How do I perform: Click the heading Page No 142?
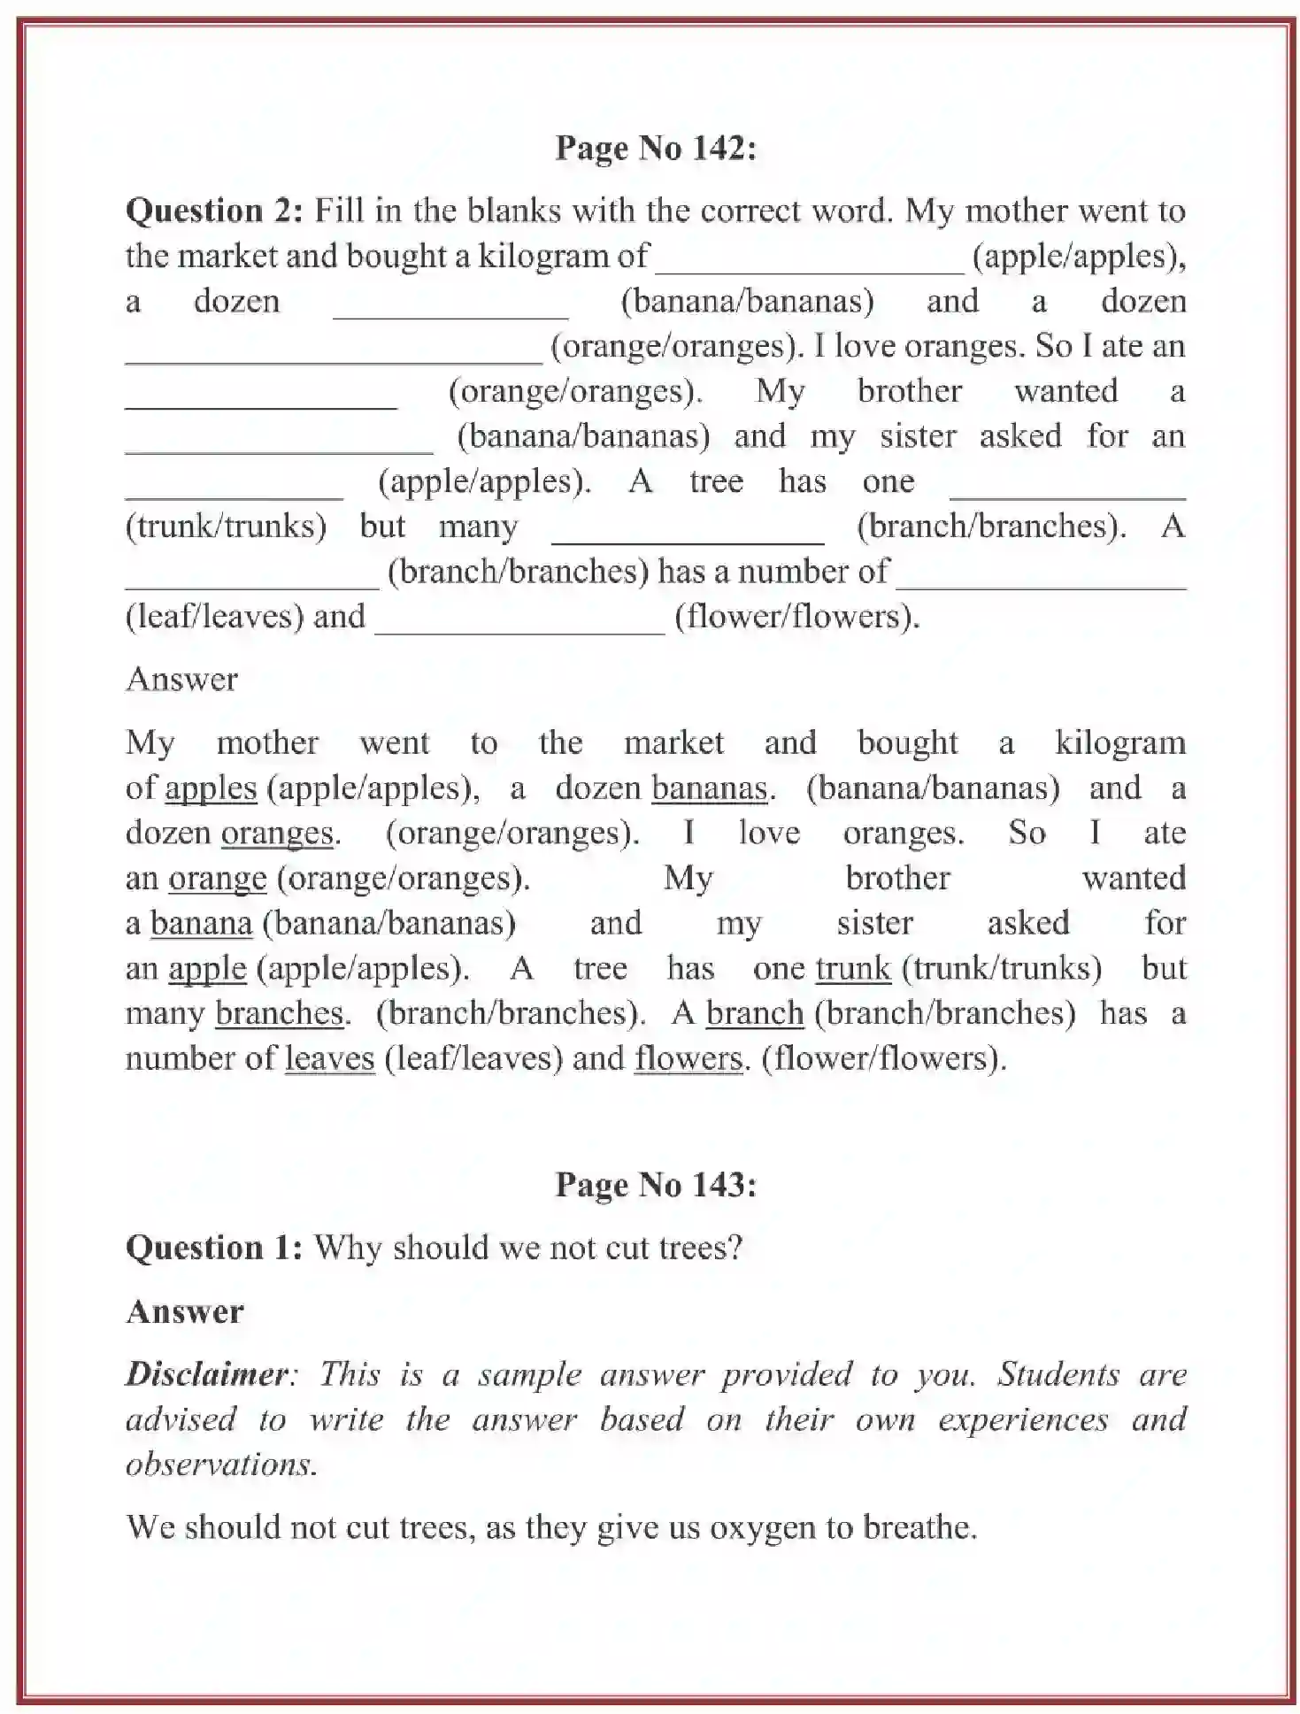[655, 148]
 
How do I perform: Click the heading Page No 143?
[655, 1184]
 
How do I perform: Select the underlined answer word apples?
[211, 788]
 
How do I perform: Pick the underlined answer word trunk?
[852, 968]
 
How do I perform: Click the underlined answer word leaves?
[329, 1058]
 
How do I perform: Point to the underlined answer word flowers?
[688, 1058]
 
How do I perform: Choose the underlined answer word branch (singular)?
[754, 1013]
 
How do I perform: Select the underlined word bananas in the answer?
[708, 788]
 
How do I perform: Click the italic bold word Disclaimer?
[206, 1374]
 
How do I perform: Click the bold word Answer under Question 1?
[184, 1311]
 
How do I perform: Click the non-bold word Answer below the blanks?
[181, 680]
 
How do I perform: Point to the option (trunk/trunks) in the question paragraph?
[226, 526]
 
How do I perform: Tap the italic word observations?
[220, 1464]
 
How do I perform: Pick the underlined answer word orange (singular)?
[217, 878]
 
